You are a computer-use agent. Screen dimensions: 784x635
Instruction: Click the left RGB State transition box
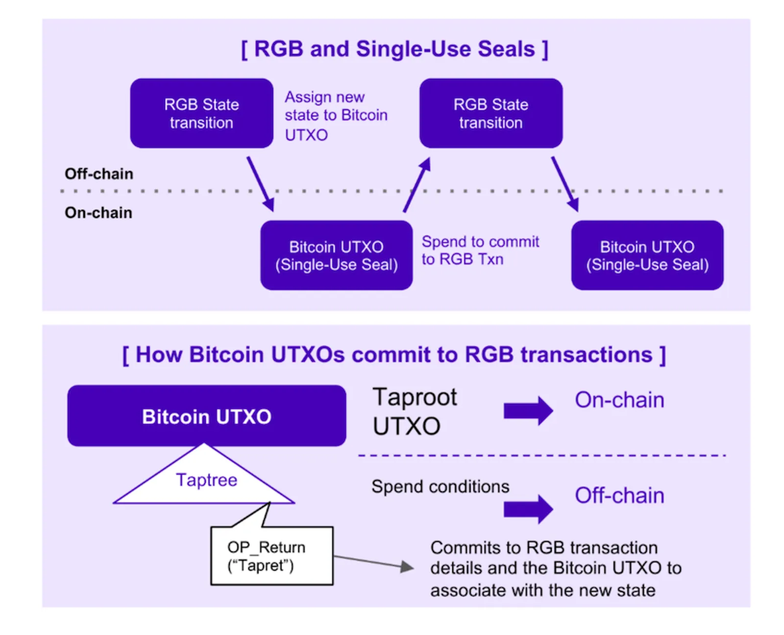(201, 113)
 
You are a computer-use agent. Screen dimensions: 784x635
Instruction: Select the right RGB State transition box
(490, 113)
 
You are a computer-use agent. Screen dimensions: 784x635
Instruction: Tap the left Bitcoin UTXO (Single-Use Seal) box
(336, 255)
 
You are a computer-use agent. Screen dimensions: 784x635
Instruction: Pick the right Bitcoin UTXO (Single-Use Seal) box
(647, 255)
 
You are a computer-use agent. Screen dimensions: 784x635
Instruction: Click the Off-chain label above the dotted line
(98, 174)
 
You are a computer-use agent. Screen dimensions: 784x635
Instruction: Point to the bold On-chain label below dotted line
(98, 213)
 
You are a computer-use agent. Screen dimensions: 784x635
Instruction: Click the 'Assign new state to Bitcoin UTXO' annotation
(336, 116)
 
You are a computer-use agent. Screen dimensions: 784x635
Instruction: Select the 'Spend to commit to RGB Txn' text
(480, 251)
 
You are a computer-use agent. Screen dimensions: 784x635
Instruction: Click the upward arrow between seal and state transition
(416, 185)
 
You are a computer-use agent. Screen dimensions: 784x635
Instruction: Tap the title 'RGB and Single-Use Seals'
(394, 50)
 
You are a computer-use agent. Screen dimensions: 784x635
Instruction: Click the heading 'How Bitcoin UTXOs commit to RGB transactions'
(394, 355)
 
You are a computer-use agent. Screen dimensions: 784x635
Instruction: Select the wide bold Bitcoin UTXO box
(206, 416)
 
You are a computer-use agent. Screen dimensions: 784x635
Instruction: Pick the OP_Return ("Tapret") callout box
(271, 556)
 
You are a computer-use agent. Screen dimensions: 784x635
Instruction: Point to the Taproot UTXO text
(415, 411)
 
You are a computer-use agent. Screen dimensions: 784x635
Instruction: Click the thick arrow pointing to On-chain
(528, 411)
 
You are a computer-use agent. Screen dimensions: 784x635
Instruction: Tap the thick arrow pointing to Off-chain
(528, 509)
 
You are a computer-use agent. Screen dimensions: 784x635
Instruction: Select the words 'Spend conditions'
(440, 487)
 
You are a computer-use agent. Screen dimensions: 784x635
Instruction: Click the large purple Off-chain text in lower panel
(619, 495)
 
